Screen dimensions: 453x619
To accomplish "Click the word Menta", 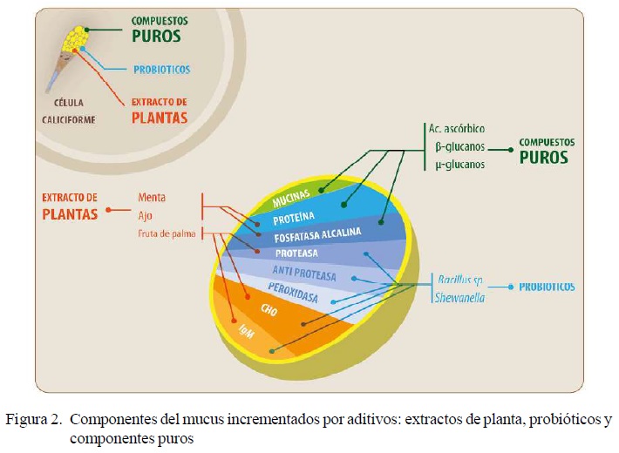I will click(152, 198).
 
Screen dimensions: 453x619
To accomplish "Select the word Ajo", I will click(146, 214).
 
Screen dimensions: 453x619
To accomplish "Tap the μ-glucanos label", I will click(459, 164).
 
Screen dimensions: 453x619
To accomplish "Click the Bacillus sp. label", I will click(460, 280).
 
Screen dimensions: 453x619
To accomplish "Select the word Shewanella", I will click(460, 297).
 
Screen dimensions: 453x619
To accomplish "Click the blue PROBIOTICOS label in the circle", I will click(161, 69).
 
